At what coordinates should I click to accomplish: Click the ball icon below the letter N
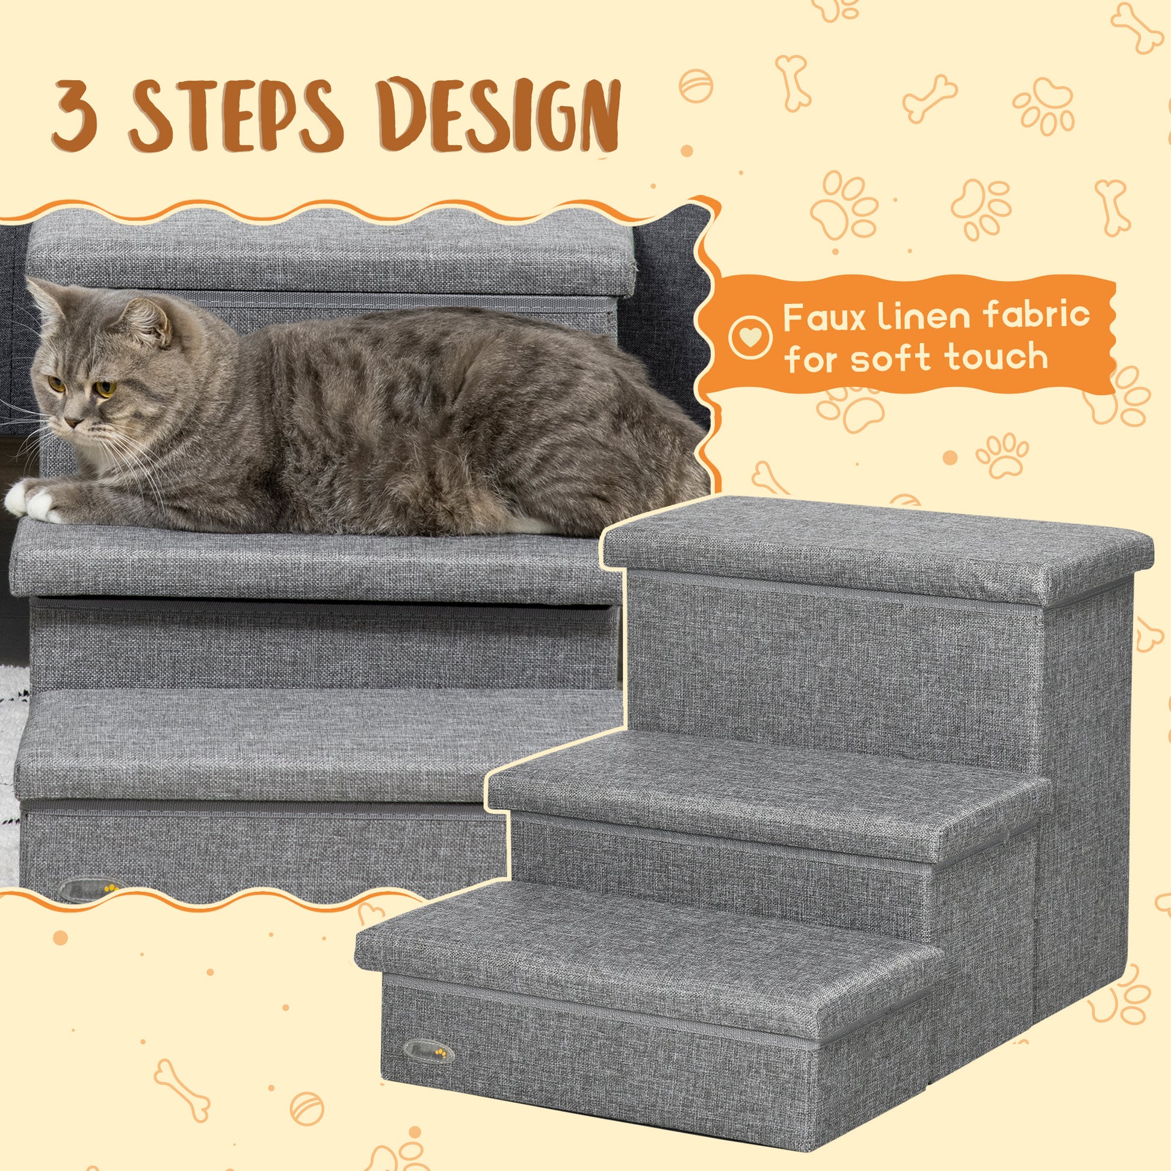[695, 86]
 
